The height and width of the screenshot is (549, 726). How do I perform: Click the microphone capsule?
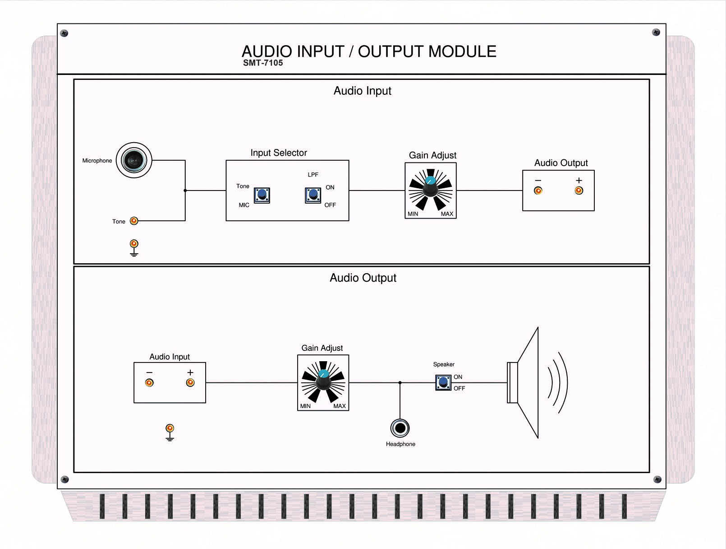[x=134, y=160]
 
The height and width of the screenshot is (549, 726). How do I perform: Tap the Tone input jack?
[x=134, y=221]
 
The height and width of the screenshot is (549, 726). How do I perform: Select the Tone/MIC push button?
[x=262, y=195]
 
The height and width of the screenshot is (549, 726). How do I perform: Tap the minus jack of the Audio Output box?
[x=538, y=191]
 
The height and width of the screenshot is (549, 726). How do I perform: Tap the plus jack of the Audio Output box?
[x=579, y=191]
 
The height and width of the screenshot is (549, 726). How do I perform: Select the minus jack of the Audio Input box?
[x=149, y=383]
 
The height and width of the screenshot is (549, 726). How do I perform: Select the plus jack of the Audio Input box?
[x=190, y=383]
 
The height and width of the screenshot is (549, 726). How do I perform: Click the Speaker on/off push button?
[x=443, y=382]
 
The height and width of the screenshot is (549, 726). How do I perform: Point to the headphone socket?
[x=400, y=428]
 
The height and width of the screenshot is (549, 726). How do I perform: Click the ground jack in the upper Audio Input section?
[x=134, y=244]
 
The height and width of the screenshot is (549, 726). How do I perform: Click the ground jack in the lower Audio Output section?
[x=170, y=428]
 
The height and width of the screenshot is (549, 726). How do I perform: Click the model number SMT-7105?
[x=263, y=63]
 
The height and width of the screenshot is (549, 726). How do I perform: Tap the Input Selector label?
[x=279, y=153]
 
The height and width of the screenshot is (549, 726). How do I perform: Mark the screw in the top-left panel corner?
[x=64, y=33]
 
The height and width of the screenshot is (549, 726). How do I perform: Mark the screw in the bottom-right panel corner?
[x=657, y=479]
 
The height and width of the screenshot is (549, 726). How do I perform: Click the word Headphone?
[x=400, y=444]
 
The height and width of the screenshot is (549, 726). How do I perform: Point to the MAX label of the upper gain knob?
[x=447, y=214]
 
